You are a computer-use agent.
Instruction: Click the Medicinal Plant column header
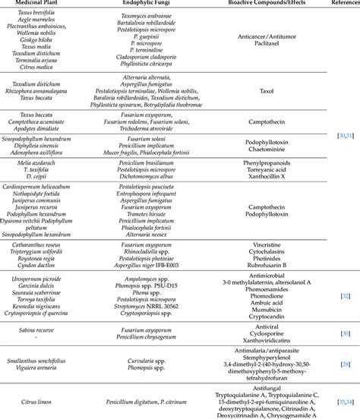[42, 4]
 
